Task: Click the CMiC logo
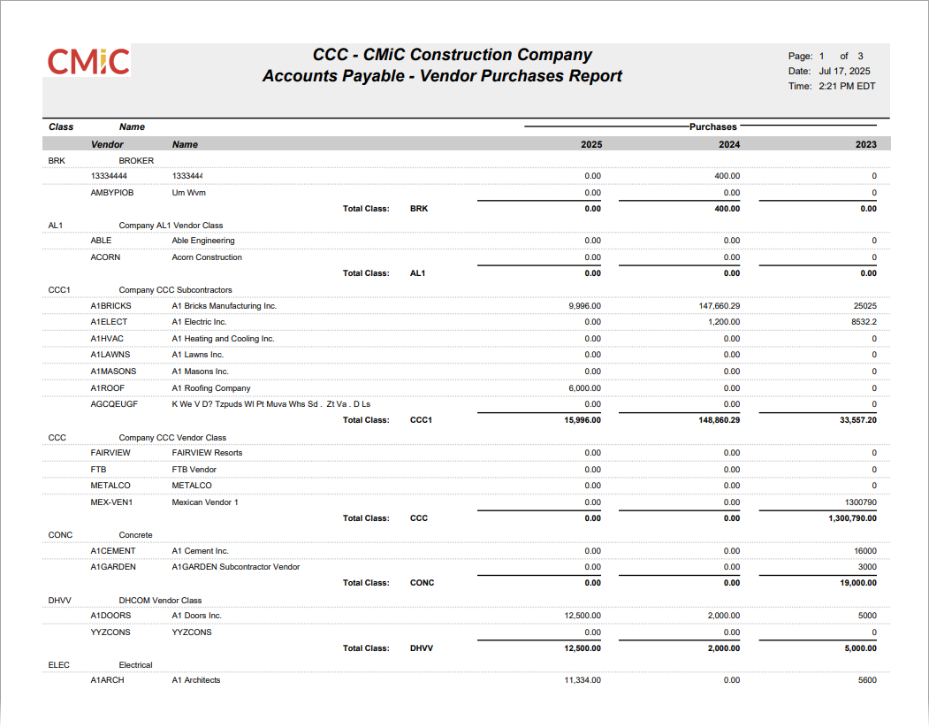[88, 61]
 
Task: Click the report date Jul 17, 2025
[844, 71]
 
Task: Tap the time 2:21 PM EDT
[847, 87]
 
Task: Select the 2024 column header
[729, 144]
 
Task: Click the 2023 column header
[865, 144]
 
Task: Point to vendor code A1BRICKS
[110, 306]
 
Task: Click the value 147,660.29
[717, 306]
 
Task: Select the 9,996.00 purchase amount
[584, 306]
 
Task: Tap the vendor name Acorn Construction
[207, 257]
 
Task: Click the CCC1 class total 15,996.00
[582, 420]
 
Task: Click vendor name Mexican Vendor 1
[205, 502]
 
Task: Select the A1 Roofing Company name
[211, 388]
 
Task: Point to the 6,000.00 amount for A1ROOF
[584, 388]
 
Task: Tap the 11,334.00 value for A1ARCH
[583, 680]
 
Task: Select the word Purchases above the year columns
[712, 127]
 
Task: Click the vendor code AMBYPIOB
[111, 192]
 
